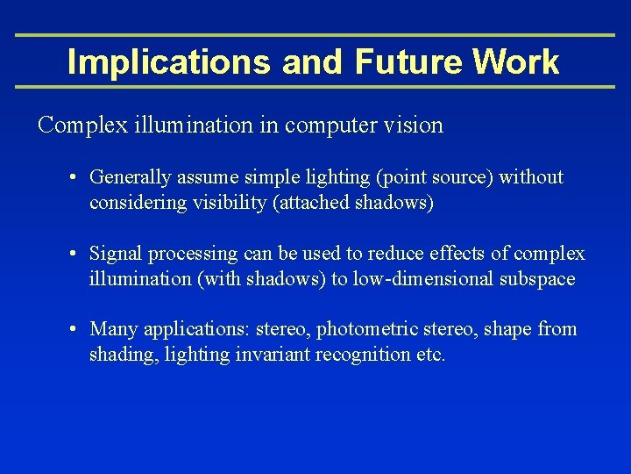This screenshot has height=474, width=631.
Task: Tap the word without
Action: tap(531, 177)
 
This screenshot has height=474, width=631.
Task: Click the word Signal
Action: tap(117, 255)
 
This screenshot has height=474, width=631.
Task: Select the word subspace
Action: tap(542, 279)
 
